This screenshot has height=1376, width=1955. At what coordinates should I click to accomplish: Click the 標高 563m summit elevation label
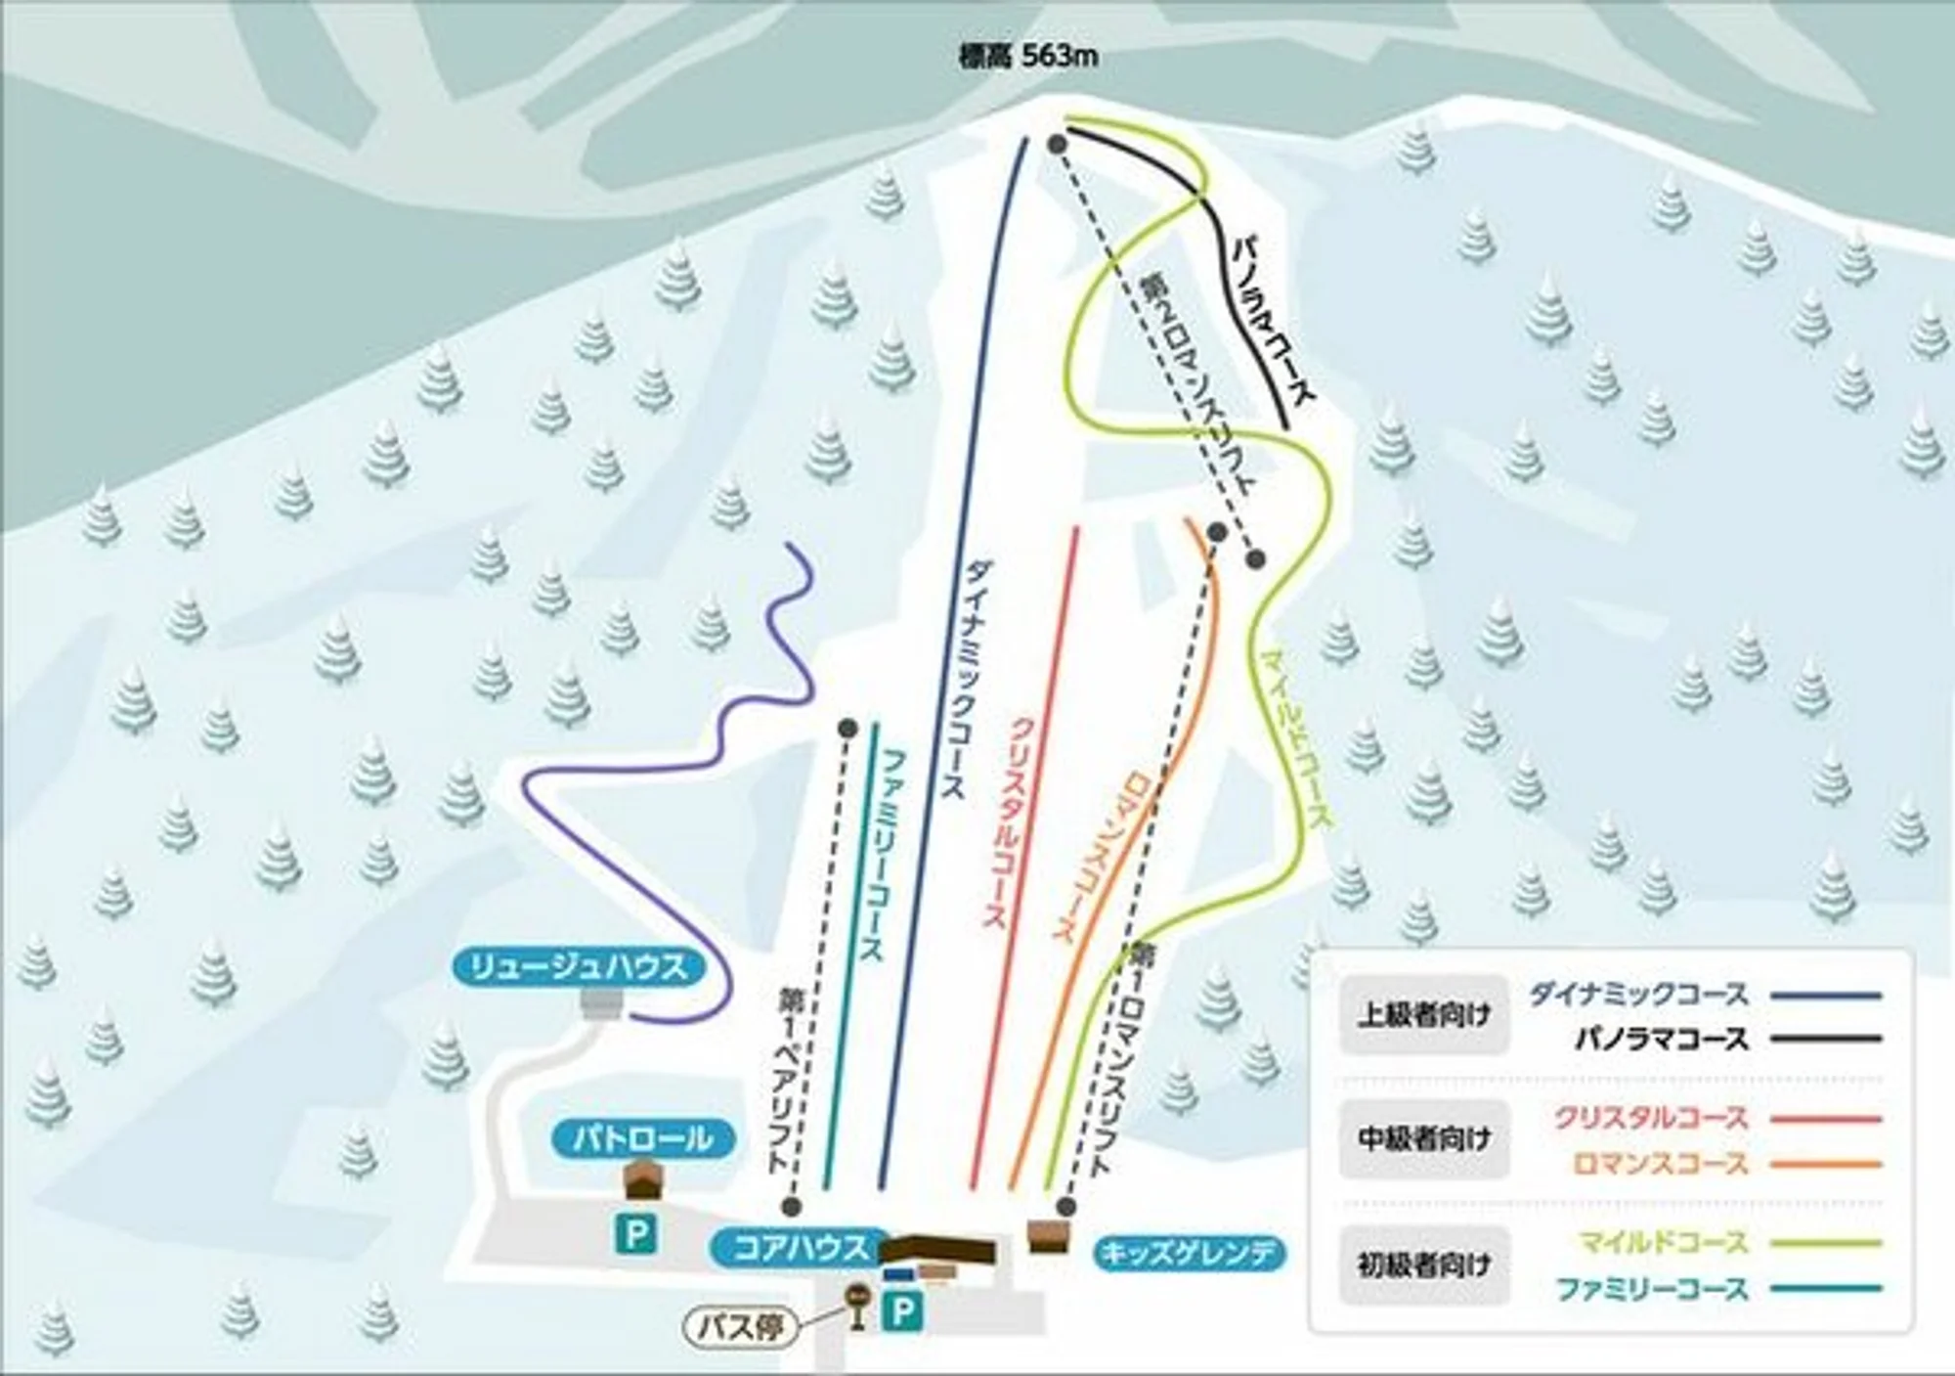coord(1027,57)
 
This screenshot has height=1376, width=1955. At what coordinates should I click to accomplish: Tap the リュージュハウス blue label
coord(579,968)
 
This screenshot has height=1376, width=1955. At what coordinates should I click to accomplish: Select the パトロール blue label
coord(642,1138)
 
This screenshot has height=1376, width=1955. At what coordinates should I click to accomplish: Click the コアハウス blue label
coord(800,1248)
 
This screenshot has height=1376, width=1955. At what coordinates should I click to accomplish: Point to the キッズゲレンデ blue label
coord(1187,1253)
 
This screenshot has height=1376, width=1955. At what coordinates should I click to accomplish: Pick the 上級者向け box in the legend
coord(1423,1015)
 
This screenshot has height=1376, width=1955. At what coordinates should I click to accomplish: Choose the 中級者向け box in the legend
coord(1423,1138)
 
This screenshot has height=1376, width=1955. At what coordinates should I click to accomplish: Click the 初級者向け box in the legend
coord(1423,1265)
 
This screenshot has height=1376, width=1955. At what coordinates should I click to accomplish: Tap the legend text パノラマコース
coord(1661,1039)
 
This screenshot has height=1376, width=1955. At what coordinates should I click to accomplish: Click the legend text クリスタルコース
coord(1650,1118)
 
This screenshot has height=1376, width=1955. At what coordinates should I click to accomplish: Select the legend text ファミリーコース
coord(1651,1290)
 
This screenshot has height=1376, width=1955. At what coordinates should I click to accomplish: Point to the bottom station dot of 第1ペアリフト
coord(792,1206)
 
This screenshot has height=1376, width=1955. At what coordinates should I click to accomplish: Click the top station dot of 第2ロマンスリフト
coord(1056,144)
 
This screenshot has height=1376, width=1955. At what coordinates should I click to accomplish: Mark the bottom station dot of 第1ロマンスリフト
coord(1066,1207)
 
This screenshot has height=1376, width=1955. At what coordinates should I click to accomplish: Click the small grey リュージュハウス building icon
coord(600,1003)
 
